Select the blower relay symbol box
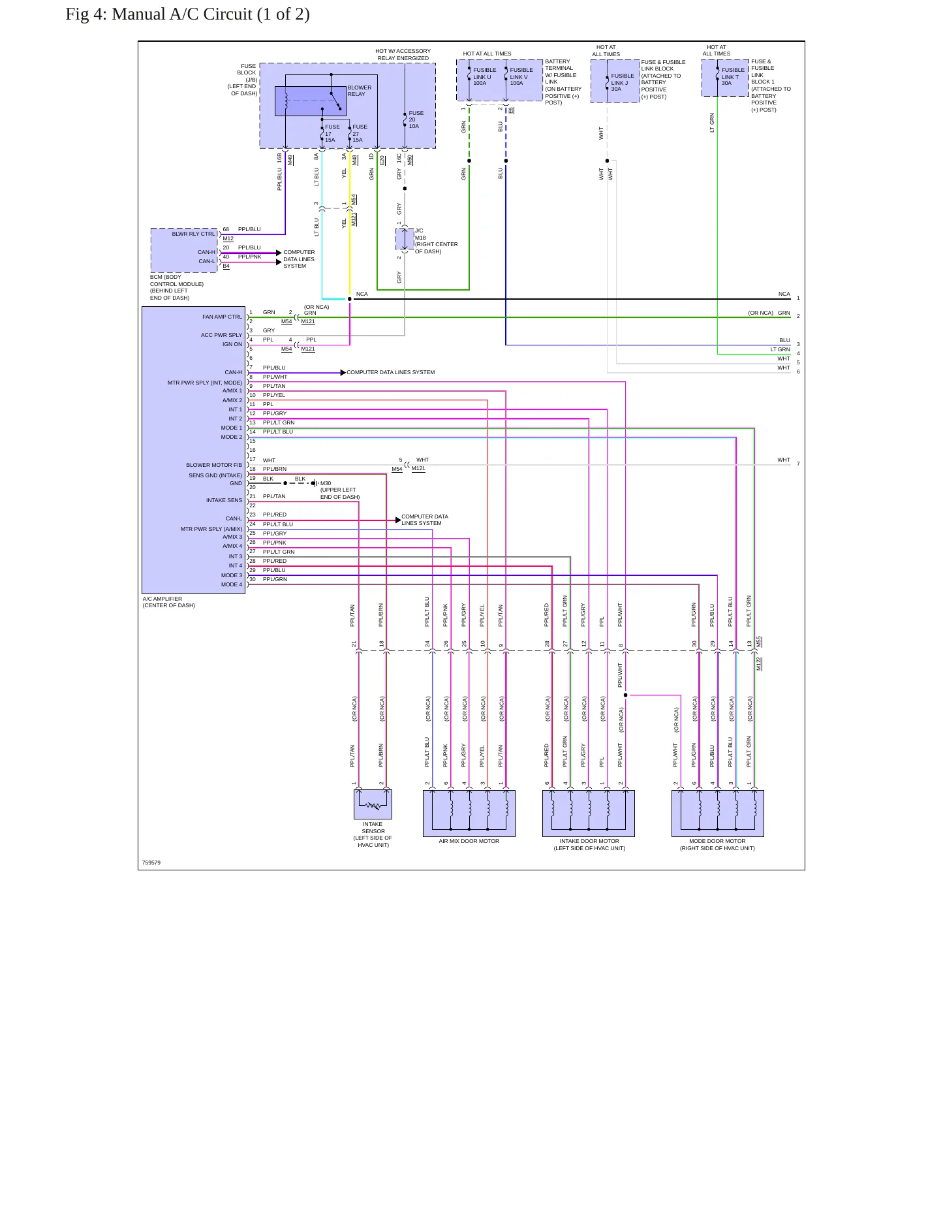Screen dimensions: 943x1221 click(x=310, y=101)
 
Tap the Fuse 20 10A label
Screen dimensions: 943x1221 click(x=414, y=119)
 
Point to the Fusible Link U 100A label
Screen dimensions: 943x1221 click(x=484, y=76)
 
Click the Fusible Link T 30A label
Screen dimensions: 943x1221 click(x=732, y=76)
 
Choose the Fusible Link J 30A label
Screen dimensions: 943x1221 click(x=622, y=82)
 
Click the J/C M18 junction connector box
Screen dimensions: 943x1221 click(x=405, y=239)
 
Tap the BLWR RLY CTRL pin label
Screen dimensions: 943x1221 click(x=193, y=234)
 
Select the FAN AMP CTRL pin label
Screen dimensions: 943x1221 click(x=222, y=317)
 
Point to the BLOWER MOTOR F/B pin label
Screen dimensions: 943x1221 click(x=214, y=466)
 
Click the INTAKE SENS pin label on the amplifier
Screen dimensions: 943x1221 click(x=224, y=500)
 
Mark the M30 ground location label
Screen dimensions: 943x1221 click(x=339, y=490)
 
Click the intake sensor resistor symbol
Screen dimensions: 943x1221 click(x=373, y=806)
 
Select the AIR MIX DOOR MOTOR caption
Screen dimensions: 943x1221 click(x=469, y=841)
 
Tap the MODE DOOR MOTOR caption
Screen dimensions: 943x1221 click(x=717, y=841)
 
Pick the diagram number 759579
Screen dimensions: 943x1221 click(x=151, y=863)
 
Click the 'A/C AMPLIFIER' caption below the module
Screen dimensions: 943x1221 click(x=162, y=599)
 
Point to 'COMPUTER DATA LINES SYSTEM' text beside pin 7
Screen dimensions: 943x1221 click(x=390, y=372)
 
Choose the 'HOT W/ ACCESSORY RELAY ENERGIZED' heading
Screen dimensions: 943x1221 click(x=403, y=54)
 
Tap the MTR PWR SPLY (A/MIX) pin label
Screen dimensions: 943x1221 click(x=211, y=529)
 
